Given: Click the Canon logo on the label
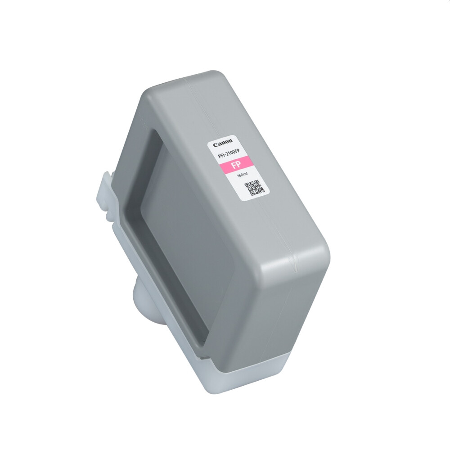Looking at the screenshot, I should click(223, 143).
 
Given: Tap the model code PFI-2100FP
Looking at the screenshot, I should click(229, 154).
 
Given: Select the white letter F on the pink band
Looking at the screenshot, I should click(233, 166).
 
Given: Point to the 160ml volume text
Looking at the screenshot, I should click(243, 175).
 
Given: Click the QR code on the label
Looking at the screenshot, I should click(254, 188).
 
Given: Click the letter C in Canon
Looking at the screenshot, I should click(215, 145).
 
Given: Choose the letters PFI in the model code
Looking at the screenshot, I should click(220, 156).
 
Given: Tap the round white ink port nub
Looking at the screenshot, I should click(140, 297).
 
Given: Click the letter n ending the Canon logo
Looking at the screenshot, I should click(230, 141).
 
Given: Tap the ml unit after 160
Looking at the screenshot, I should click(246, 174).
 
